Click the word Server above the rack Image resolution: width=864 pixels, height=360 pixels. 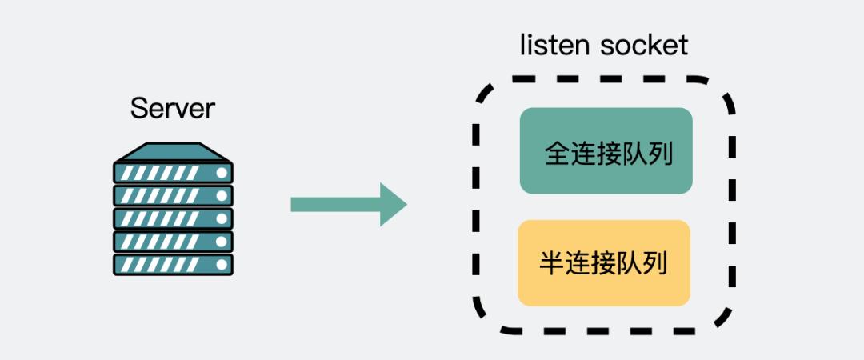pyautogui.click(x=173, y=108)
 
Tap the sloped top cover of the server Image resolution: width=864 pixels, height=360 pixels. pyautogui.click(x=173, y=151)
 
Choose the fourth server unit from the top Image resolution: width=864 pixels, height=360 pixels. pyautogui.click(x=173, y=242)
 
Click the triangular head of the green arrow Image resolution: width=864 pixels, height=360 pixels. pyautogui.click(x=392, y=205)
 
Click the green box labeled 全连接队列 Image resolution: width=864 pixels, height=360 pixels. pyautogui.click(x=606, y=151)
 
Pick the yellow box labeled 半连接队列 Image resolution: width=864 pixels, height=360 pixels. pyautogui.click(x=604, y=263)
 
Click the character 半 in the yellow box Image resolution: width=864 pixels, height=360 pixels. pyautogui.click(x=553, y=263)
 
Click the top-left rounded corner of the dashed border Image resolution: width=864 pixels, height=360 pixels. pyautogui.click(x=484, y=90)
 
